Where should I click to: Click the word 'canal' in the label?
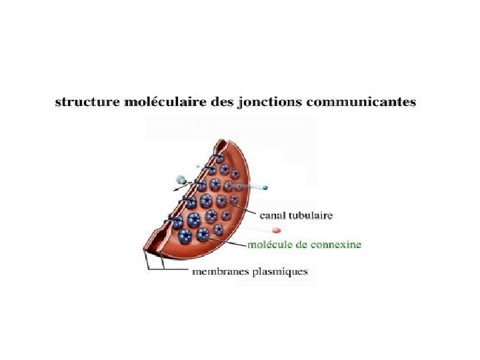coord(273,215)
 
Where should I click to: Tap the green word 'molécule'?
coord(270,245)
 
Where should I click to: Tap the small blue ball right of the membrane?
coord(265,187)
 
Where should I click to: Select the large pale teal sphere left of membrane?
coord(181,179)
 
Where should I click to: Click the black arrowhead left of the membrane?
coord(177,190)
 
